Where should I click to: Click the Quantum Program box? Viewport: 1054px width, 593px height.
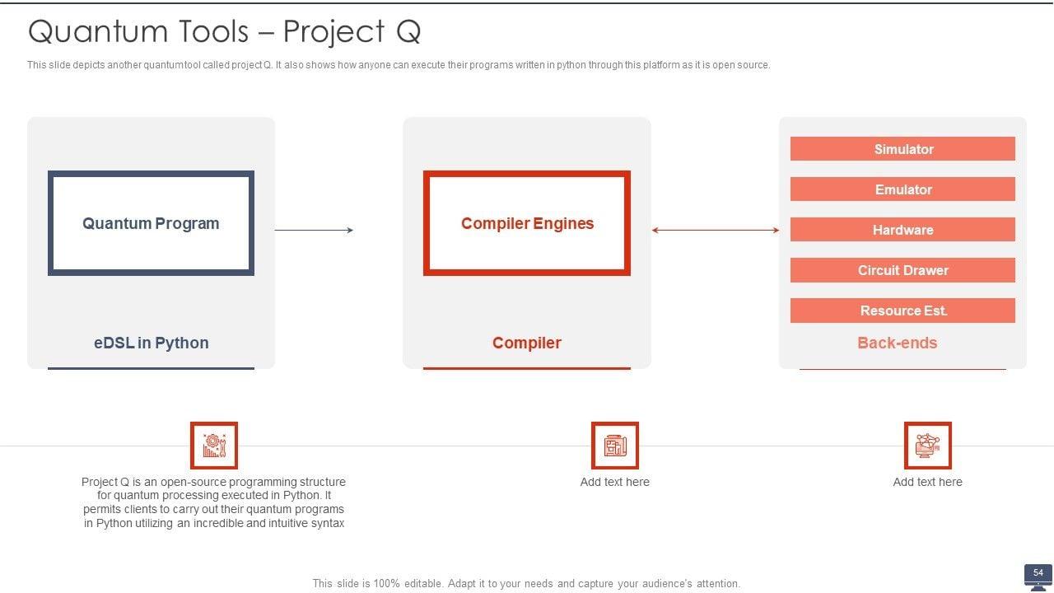[x=151, y=223]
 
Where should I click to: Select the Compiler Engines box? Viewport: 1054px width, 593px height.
[x=527, y=223]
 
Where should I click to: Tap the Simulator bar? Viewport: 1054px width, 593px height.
[x=902, y=149]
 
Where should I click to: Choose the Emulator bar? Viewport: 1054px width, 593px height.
[x=902, y=189]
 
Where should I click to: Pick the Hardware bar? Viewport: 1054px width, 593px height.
[x=902, y=230]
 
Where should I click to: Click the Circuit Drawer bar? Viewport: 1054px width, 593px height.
[x=902, y=270]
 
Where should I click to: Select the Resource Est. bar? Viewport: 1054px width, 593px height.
[x=902, y=311]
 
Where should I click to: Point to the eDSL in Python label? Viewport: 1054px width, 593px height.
[x=151, y=343]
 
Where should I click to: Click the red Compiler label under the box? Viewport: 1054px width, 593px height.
[x=527, y=343]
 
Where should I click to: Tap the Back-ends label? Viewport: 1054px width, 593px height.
[x=897, y=343]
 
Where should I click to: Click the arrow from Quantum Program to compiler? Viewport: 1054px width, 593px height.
[x=314, y=231]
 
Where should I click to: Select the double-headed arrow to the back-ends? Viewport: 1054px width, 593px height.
[x=715, y=231]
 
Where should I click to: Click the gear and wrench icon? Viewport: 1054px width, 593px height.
[x=214, y=446]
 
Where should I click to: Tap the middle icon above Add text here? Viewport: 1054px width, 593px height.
[x=614, y=446]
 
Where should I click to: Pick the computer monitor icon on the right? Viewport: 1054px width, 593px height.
[x=927, y=446]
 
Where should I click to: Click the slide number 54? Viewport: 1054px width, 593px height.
[x=1038, y=573]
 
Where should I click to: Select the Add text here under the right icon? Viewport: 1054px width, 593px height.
[x=927, y=482]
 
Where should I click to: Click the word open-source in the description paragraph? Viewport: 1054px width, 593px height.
[x=192, y=482]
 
